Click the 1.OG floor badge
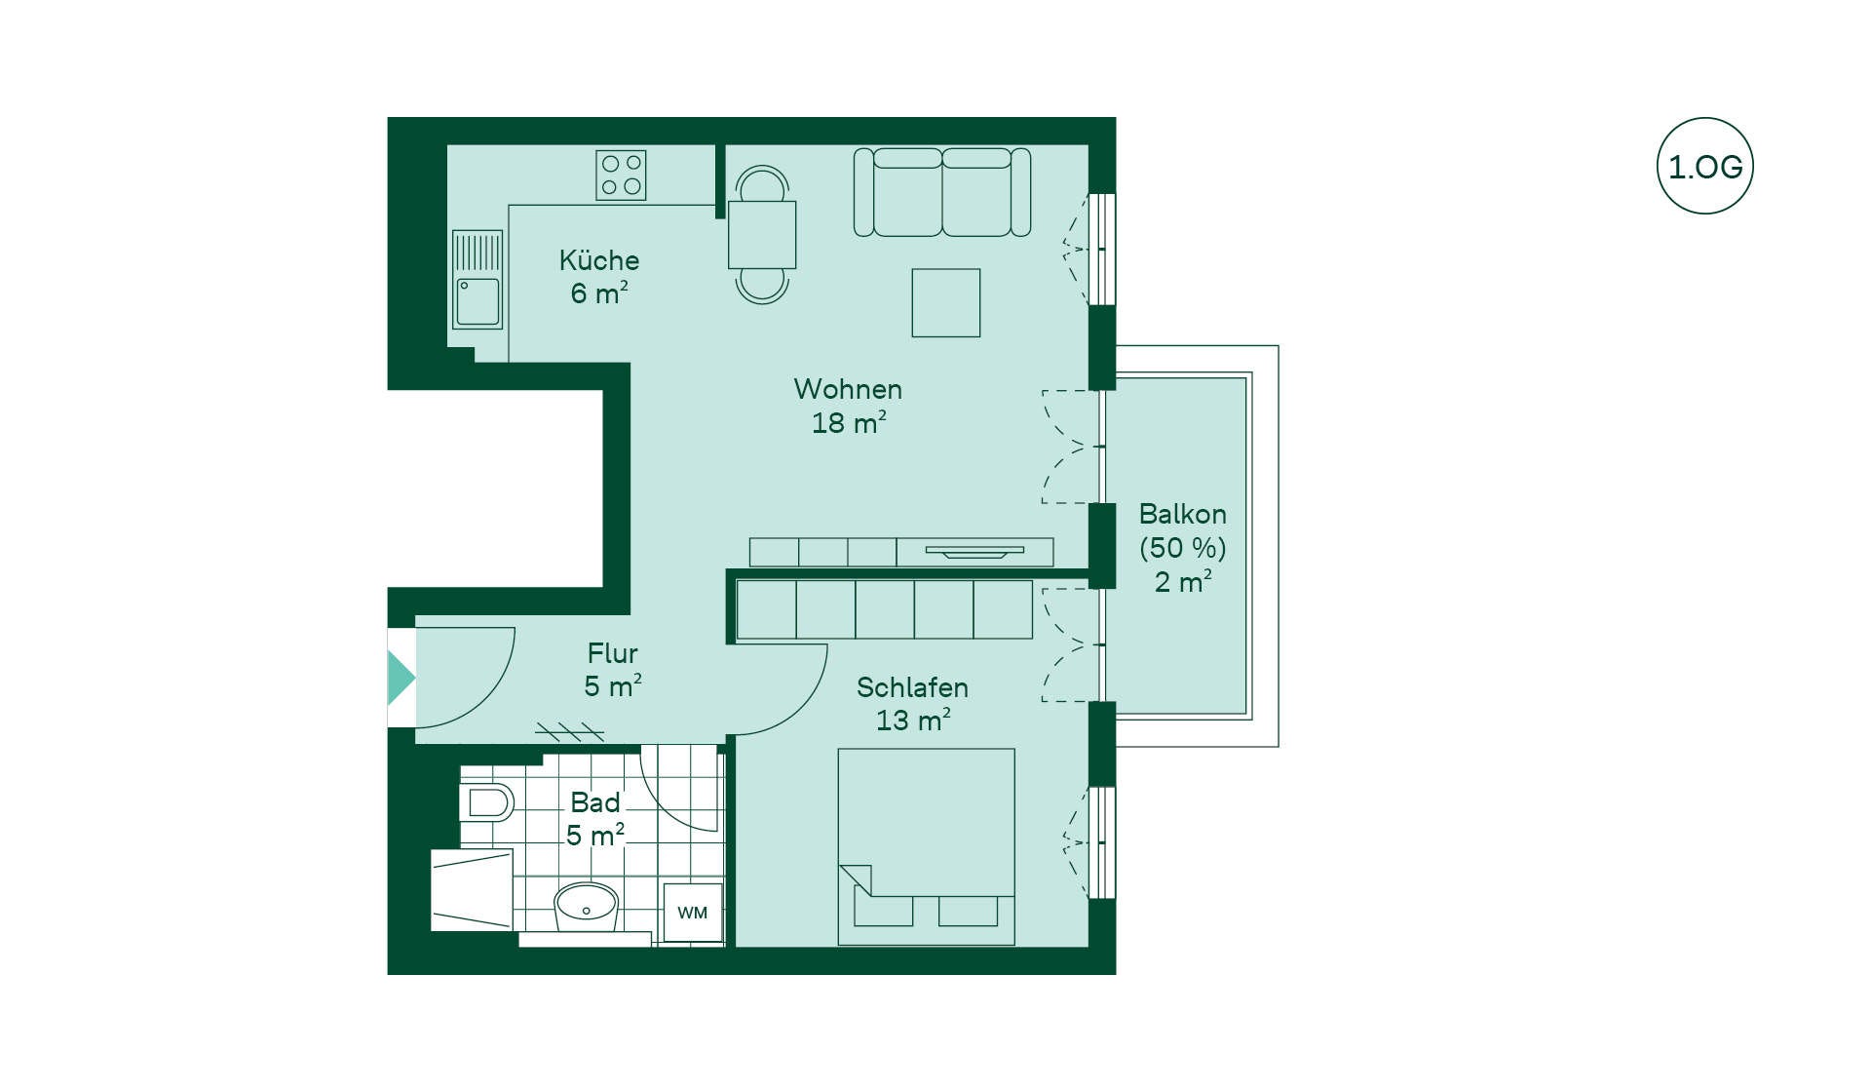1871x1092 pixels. [1704, 166]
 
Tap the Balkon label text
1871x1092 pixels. [1182, 514]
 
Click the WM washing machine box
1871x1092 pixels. [693, 913]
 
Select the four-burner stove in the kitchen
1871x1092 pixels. [621, 175]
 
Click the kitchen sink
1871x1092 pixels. [477, 280]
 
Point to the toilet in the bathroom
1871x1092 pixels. [486, 802]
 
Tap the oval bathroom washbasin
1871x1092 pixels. [586, 907]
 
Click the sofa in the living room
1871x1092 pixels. [942, 192]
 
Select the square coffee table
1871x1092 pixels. [946, 302]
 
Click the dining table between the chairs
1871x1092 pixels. [762, 235]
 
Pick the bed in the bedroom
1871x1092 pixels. [926, 847]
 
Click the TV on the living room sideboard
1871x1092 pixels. [974, 552]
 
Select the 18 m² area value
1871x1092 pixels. [849, 422]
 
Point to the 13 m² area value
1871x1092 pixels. [913, 721]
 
